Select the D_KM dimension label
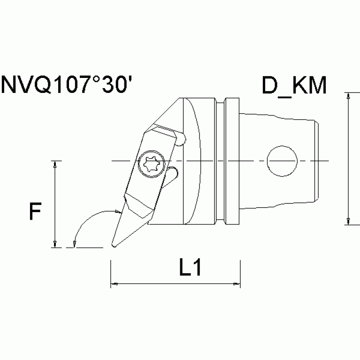point(294,85)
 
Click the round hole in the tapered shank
point(282,161)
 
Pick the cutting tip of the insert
point(113,245)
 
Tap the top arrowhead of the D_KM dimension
point(348,96)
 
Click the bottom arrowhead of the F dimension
point(55,243)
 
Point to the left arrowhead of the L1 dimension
point(114,283)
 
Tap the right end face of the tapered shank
point(320,161)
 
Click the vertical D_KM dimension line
point(348,160)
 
